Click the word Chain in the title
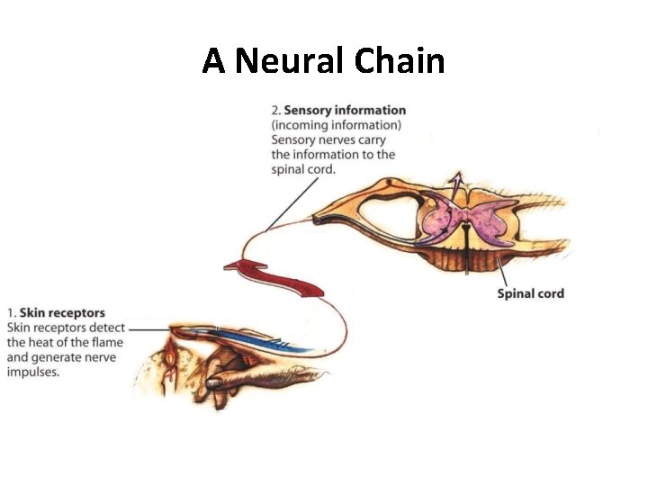[x=400, y=61]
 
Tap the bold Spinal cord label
[x=530, y=293]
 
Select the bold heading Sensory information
[x=345, y=111]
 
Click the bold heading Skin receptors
[x=62, y=313]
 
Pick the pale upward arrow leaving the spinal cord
[x=458, y=184]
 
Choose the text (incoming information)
[x=337, y=125]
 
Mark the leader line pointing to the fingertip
[x=148, y=328]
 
